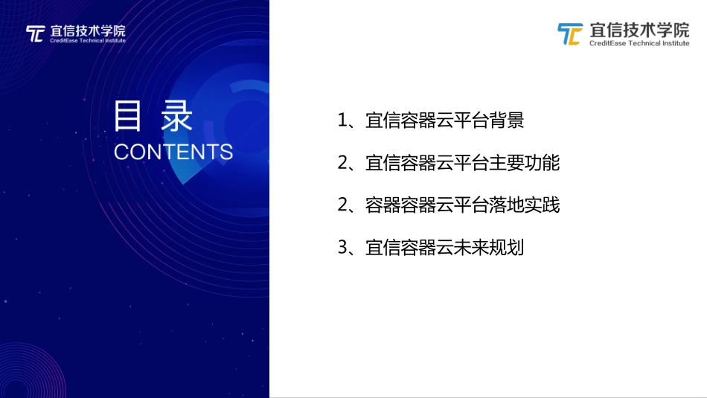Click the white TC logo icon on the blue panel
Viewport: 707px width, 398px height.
(35, 34)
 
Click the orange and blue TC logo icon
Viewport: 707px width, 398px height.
(570, 34)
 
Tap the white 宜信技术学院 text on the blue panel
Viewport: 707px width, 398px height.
(88, 31)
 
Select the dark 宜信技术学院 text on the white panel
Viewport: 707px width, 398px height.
(639, 31)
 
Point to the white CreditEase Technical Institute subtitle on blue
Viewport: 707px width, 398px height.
(88, 41)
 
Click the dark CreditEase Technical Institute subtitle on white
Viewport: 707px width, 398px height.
(639, 43)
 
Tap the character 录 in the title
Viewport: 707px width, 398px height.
(176, 117)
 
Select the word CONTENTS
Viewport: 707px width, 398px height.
(173, 152)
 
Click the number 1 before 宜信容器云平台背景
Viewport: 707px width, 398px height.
(343, 121)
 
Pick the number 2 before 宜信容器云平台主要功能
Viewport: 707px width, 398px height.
(343, 163)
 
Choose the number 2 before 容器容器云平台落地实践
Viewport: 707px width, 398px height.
(343, 205)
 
